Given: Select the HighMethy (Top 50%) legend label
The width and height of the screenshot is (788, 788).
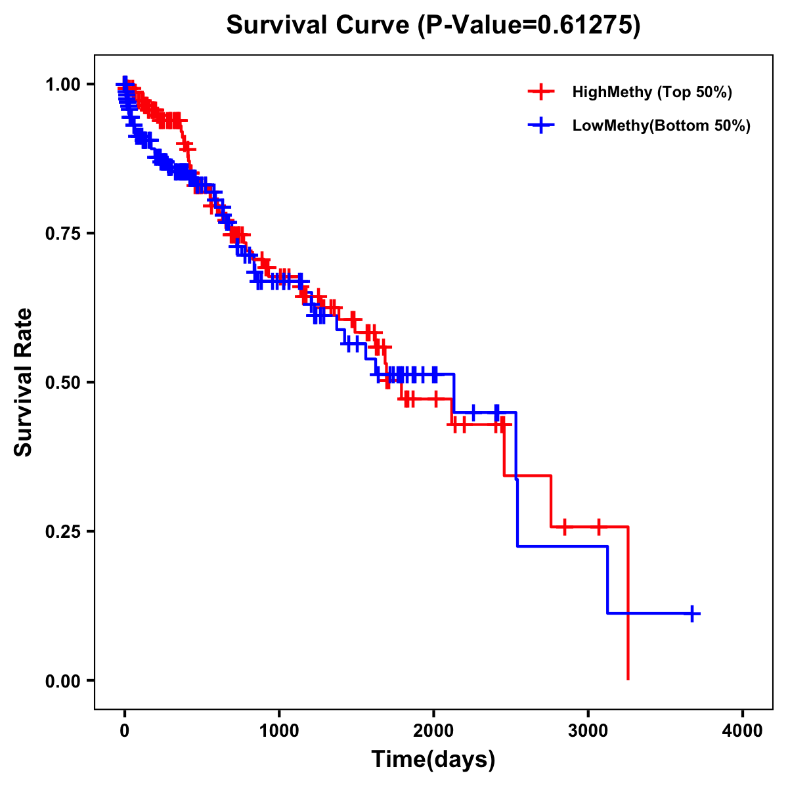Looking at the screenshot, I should [x=651, y=92].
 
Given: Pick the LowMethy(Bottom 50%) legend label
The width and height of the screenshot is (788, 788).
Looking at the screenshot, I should [x=661, y=125].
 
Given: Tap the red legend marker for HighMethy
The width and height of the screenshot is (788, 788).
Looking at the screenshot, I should [x=541, y=92].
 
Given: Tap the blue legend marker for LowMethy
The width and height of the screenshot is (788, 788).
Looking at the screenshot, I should [x=541, y=125].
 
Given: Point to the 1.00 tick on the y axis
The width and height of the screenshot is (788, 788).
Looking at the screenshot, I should [x=62, y=85].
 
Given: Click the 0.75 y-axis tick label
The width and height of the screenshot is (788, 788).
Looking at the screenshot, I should [x=62, y=234].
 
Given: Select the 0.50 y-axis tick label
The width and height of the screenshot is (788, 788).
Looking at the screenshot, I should [x=62, y=383].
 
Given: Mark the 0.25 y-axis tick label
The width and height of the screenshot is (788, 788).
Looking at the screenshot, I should [x=62, y=531].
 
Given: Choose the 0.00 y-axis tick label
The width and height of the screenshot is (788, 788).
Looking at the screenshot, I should [x=62, y=681].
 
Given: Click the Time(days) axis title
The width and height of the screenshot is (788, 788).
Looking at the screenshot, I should [x=433, y=760].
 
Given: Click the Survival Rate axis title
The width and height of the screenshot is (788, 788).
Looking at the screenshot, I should [x=24, y=382].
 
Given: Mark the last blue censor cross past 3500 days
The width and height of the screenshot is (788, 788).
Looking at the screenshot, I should [x=692, y=613].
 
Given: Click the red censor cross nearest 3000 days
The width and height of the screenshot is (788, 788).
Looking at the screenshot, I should [x=598, y=527].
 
